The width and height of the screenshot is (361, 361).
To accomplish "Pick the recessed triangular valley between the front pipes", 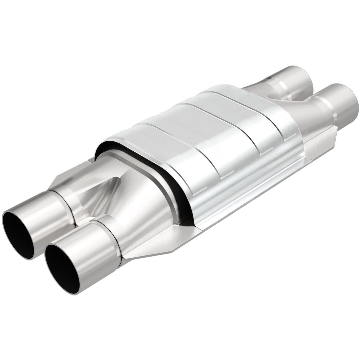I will pos(100,197).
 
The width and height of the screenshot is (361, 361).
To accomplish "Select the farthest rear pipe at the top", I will pos(294,77).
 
